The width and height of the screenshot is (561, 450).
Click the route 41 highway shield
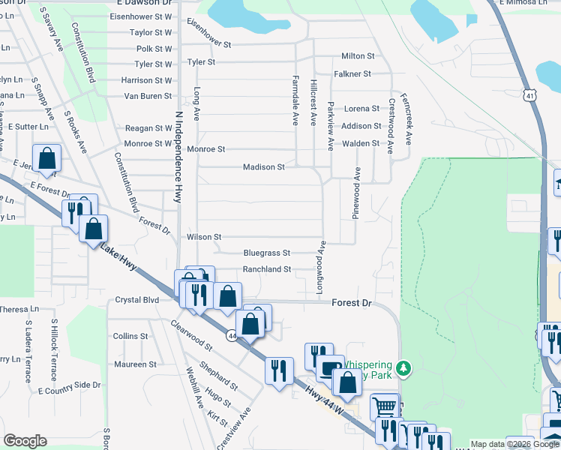pyautogui.click(x=530, y=95)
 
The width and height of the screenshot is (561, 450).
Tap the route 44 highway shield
pyautogui.click(x=231, y=316)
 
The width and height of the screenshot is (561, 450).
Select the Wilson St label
pyautogui.click(x=204, y=237)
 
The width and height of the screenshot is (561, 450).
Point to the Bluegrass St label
pyautogui.click(x=266, y=253)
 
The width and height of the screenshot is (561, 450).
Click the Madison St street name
pyautogui.click(x=263, y=167)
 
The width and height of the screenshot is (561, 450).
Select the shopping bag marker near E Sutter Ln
pyautogui.click(x=46, y=159)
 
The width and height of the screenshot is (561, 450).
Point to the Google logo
pyautogui.click(x=25, y=441)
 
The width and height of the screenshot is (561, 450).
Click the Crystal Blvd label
pyautogui.click(x=137, y=300)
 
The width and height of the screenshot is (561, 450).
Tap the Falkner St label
pyautogui.click(x=352, y=73)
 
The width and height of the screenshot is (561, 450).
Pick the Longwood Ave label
pyautogui.click(x=320, y=266)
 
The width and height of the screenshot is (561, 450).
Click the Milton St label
pyautogui.click(x=358, y=56)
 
